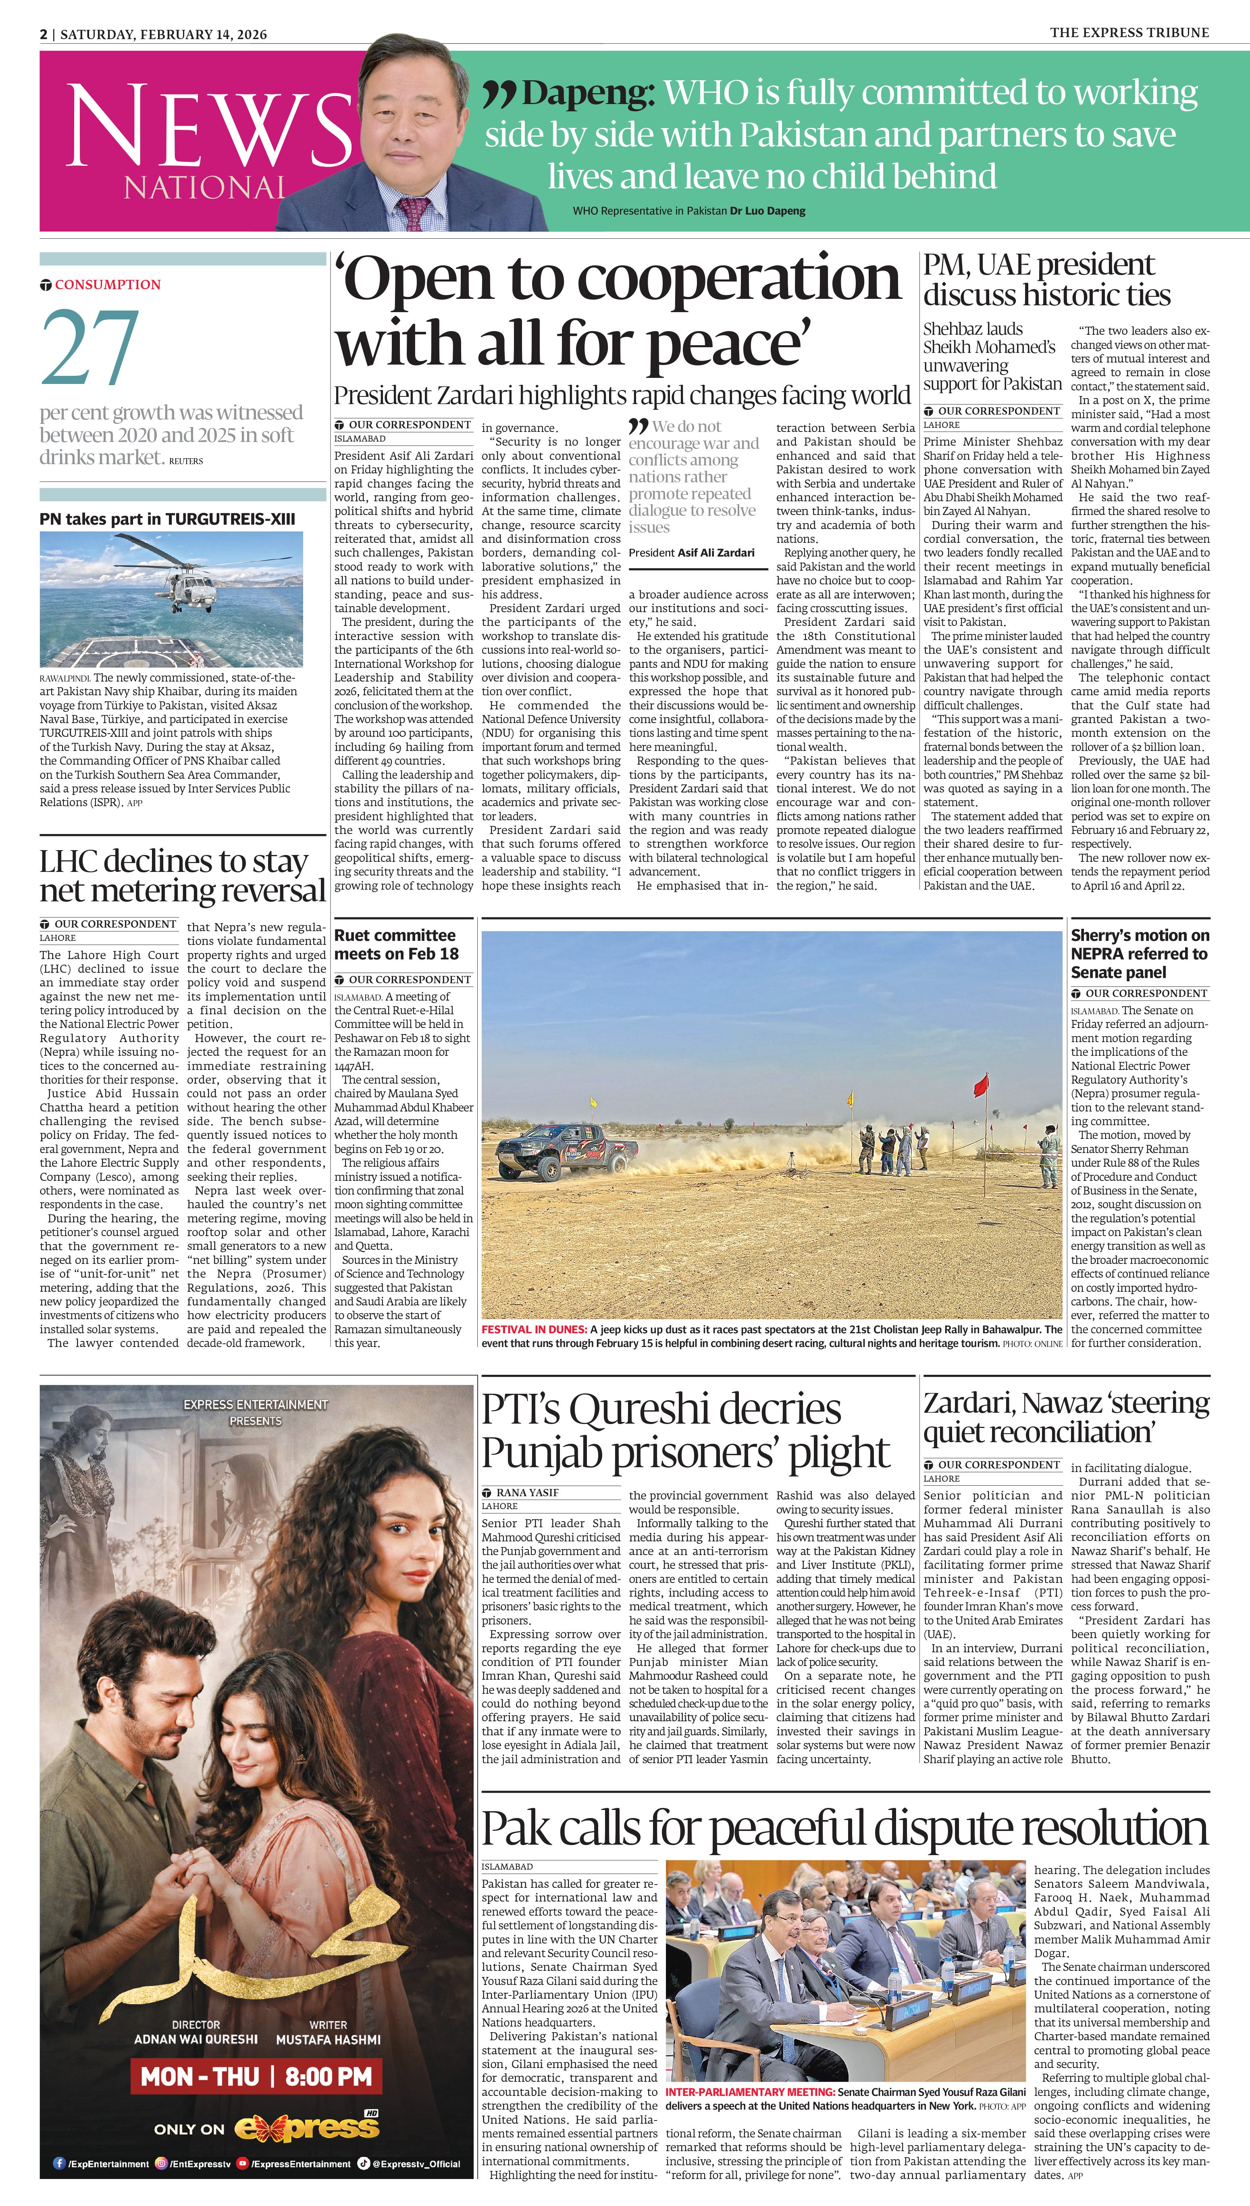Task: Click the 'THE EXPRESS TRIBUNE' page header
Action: (x=1129, y=33)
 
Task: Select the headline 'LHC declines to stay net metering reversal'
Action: (x=182, y=876)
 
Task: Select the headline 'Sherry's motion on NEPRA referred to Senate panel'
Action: (x=1139, y=953)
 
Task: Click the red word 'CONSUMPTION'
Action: (x=107, y=284)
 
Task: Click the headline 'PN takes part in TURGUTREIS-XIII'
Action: (x=167, y=519)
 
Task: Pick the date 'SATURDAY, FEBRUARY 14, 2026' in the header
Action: (x=163, y=34)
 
